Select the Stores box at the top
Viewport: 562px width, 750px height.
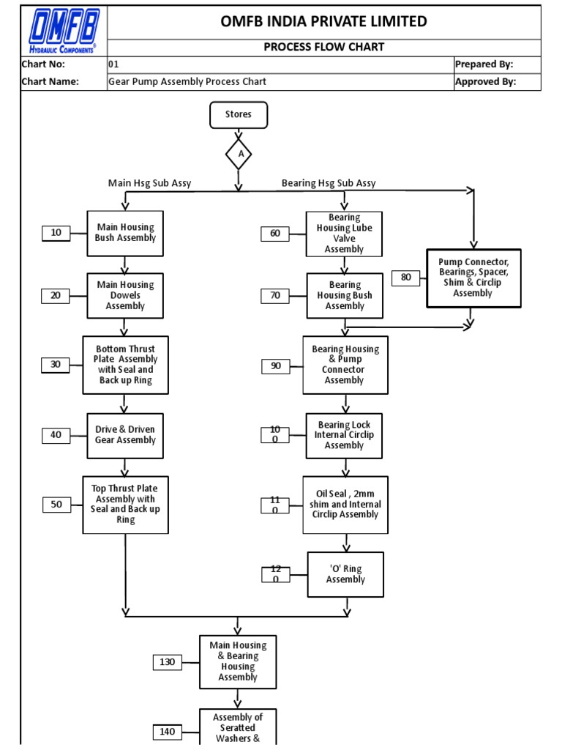click(x=239, y=114)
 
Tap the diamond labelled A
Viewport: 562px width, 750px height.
click(x=239, y=155)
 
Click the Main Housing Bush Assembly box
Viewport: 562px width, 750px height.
click(x=125, y=233)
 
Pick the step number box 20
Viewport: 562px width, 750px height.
click(x=56, y=295)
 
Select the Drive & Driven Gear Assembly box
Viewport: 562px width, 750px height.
click(x=125, y=435)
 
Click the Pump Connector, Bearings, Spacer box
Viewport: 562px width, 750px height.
click(x=473, y=278)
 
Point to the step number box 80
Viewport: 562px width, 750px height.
click(x=405, y=278)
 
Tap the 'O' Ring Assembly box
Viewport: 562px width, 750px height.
click(x=345, y=574)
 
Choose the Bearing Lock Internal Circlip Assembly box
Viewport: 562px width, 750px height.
click(x=344, y=435)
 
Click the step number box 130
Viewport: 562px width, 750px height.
click(x=168, y=662)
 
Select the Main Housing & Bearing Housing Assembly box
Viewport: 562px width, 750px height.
click(x=238, y=661)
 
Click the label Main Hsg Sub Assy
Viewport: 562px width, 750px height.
click(x=149, y=183)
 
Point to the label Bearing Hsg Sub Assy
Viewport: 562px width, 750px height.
click(x=329, y=183)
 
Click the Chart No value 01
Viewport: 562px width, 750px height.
click(x=114, y=64)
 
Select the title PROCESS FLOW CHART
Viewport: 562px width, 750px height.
click(x=323, y=48)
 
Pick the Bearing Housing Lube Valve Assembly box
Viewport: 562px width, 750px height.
click(x=344, y=233)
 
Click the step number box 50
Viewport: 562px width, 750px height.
click(x=56, y=504)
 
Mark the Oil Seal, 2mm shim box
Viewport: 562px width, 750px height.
click(x=345, y=504)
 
